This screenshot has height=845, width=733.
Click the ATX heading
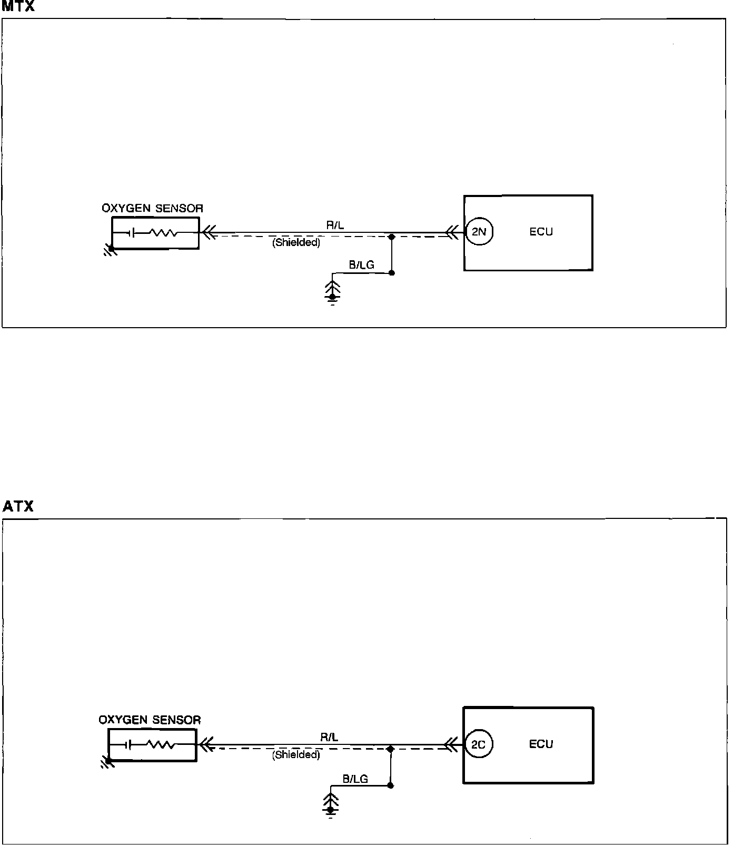[x=18, y=506]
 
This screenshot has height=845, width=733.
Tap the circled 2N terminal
[x=479, y=232]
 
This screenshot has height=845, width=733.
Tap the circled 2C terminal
[x=479, y=745]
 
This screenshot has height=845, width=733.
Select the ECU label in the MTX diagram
[x=541, y=232]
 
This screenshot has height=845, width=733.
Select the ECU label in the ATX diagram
[x=541, y=744]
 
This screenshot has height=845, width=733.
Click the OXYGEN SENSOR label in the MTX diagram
[x=152, y=209]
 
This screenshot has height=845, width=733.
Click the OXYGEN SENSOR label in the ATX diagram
[x=150, y=720]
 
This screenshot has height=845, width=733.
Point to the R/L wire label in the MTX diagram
[x=335, y=225]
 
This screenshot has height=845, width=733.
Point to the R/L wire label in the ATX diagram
[x=329, y=738]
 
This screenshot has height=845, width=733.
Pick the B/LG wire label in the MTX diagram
[x=361, y=265]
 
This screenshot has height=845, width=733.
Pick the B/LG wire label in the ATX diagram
[x=355, y=779]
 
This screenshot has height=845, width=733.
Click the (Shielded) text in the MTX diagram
[x=296, y=243]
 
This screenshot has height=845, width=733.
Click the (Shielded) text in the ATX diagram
[x=296, y=755]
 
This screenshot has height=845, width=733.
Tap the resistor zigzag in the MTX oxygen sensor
[x=163, y=233]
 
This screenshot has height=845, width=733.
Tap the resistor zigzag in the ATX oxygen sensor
[x=160, y=745]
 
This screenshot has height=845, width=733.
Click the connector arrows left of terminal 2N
[x=451, y=232]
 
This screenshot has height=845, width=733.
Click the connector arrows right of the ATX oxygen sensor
[x=206, y=745]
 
